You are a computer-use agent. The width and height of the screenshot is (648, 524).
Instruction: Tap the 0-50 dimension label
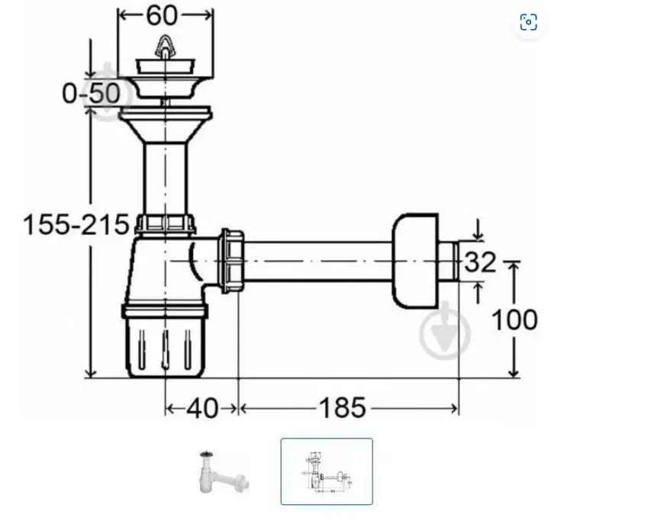(x=91, y=93)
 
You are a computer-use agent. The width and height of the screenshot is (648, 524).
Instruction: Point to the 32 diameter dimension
(x=480, y=262)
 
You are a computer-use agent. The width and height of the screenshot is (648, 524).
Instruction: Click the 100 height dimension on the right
(x=513, y=319)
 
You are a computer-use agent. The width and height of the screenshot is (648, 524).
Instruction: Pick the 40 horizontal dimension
(x=202, y=408)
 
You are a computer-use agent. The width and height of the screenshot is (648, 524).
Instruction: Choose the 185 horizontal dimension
(x=342, y=408)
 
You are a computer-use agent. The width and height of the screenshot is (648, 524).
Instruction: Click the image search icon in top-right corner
(x=528, y=22)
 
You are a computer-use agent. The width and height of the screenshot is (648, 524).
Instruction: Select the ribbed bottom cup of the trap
(x=166, y=347)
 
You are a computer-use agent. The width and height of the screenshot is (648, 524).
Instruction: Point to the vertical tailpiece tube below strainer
(x=166, y=175)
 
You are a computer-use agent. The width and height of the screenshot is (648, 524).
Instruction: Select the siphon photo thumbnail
(x=224, y=472)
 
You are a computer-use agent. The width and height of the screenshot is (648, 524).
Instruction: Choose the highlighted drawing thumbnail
(x=327, y=471)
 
